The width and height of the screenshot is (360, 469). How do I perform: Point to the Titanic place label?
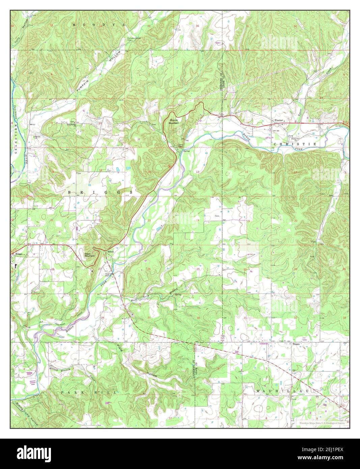pyautogui.click(x=296, y=344)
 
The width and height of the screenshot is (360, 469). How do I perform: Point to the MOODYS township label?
pyautogui.click(x=98, y=25)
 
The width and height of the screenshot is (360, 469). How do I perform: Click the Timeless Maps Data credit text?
pyautogui.click(x=322, y=422)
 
